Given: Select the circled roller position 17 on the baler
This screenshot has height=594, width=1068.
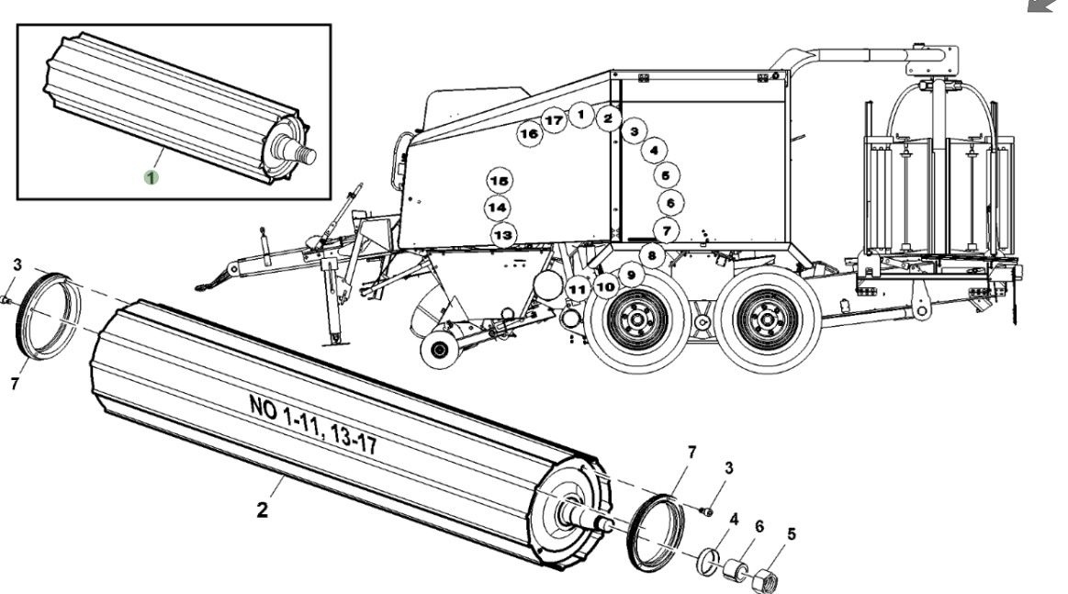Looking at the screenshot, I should click(x=553, y=120).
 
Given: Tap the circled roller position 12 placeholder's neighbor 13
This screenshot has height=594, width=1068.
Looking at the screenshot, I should click(x=502, y=235).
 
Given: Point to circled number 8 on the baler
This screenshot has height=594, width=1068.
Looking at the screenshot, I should click(x=651, y=254).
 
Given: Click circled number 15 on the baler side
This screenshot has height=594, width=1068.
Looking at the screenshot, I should click(x=499, y=179).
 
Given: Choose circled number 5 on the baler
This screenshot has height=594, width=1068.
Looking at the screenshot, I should click(x=666, y=174).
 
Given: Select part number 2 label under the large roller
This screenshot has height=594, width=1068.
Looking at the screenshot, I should click(x=262, y=510).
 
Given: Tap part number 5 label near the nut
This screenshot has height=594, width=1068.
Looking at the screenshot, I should click(x=791, y=532).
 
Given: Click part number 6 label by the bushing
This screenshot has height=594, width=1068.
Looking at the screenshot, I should click(x=759, y=526).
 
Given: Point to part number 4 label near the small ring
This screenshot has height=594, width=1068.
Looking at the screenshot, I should click(x=733, y=519).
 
